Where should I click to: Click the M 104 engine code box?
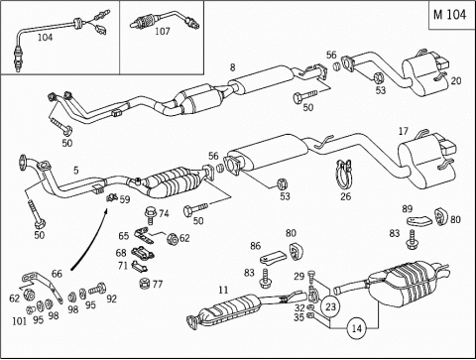(x=451, y=15)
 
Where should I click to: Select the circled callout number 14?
(x=357, y=328)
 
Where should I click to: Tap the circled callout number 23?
(x=331, y=307)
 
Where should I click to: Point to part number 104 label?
(x=45, y=38)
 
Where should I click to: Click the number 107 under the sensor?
(x=163, y=32)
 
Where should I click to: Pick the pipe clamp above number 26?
(x=345, y=175)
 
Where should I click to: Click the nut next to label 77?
(x=145, y=284)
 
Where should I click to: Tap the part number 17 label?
(x=404, y=132)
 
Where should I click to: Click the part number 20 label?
(x=456, y=80)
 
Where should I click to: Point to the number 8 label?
(x=233, y=67)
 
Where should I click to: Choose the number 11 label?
(x=223, y=290)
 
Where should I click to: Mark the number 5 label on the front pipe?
(x=76, y=171)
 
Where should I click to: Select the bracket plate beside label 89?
(x=419, y=220)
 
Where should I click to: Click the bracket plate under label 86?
(x=274, y=258)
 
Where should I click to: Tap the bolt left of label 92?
(x=97, y=290)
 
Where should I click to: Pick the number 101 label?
(x=19, y=321)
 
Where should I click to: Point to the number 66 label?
(x=57, y=274)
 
